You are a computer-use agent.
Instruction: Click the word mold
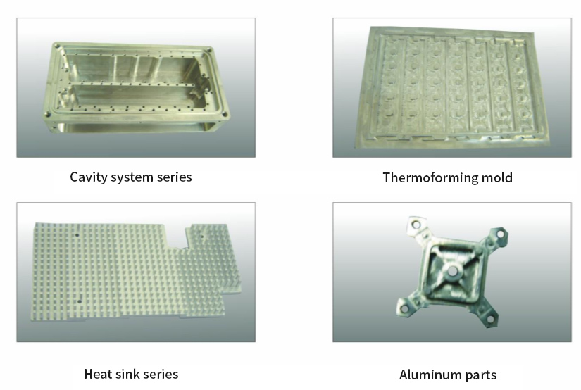click(497, 177)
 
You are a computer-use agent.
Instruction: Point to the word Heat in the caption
click(98, 374)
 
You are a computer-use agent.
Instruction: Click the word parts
click(481, 375)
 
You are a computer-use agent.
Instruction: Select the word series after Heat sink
click(161, 375)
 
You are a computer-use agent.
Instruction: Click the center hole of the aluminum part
click(452, 272)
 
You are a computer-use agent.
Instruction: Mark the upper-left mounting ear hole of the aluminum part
click(416, 225)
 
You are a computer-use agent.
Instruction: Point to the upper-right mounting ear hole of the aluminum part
click(500, 234)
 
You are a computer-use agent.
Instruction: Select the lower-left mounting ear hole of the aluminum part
click(405, 308)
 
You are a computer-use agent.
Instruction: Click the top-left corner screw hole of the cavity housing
click(57, 46)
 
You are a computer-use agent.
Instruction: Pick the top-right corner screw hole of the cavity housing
click(209, 50)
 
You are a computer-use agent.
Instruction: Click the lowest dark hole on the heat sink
click(80, 301)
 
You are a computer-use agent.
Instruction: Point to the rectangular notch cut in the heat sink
click(175, 236)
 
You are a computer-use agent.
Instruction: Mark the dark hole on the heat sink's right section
click(202, 237)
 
